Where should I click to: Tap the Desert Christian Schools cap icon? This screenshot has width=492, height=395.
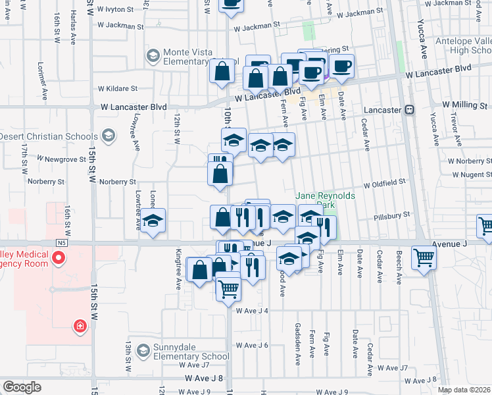click(x=108, y=136)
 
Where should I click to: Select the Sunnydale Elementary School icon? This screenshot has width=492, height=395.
click(x=143, y=351)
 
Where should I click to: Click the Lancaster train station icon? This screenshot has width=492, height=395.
click(x=409, y=109)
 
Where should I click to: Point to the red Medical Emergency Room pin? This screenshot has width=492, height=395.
click(x=59, y=256)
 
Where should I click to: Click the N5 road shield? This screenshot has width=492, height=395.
click(x=62, y=243)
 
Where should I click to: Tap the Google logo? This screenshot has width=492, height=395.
click(x=22, y=387)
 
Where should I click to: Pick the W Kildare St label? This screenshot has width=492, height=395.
click(x=118, y=88)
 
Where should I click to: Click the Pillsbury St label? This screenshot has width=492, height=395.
click(x=391, y=215)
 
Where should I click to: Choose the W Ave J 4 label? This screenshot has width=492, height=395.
click(x=252, y=310)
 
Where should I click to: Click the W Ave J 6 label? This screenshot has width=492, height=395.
click(x=252, y=345)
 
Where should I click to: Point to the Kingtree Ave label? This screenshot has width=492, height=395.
click(x=178, y=269)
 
